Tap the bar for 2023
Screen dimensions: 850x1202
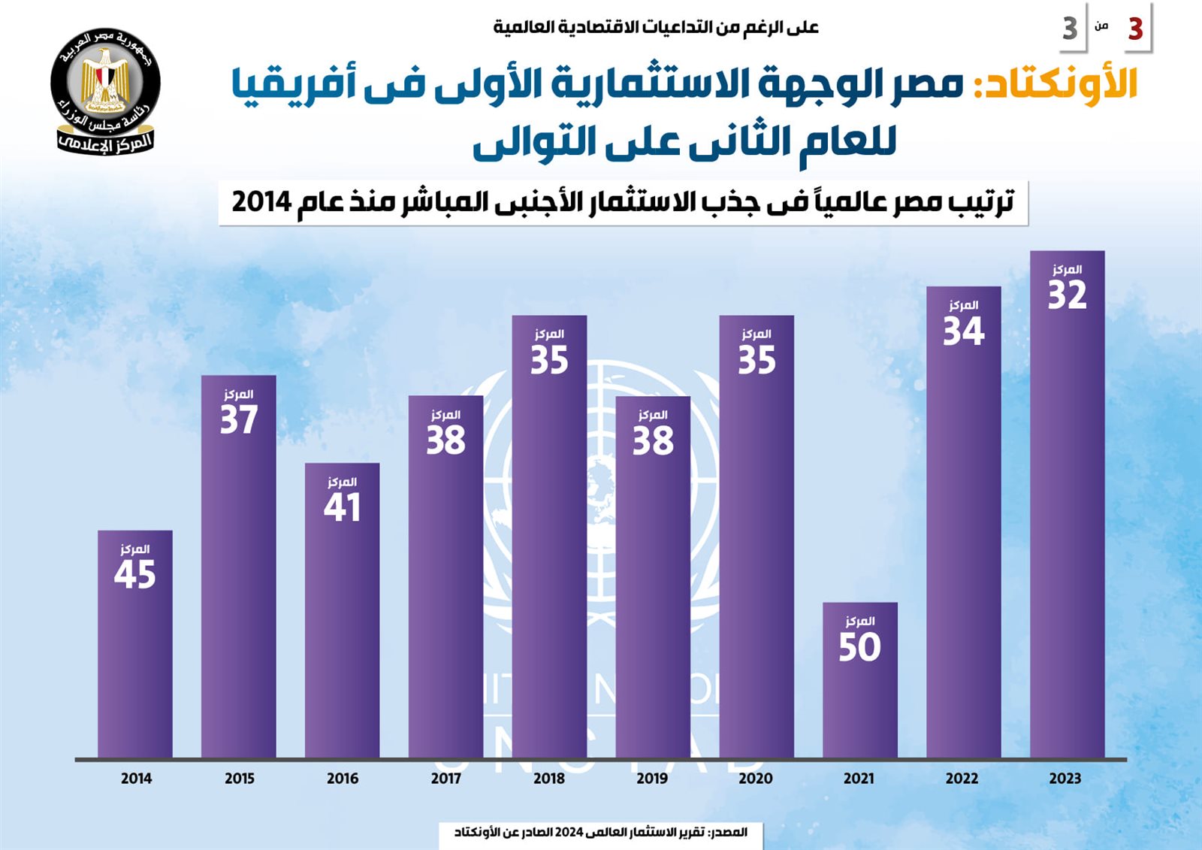(x=1067, y=526)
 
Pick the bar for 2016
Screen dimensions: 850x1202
(x=342, y=639)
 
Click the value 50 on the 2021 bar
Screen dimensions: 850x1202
(x=859, y=647)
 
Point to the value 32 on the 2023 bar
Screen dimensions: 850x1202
(x=1067, y=295)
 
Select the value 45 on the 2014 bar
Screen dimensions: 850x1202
(x=135, y=575)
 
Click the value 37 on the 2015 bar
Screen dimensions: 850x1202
(x=239, y=419)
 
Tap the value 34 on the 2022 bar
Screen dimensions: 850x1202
(x=963, y=331)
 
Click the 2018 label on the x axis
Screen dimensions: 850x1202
(x=549, y=779)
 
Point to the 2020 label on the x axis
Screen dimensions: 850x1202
(x=756, y=779)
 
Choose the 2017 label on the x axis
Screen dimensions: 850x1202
(x=445, y=779)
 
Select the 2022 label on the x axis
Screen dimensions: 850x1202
(x=962, y=779)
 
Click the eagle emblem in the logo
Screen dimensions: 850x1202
(x=106, y=79)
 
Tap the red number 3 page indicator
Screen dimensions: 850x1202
(x=1135, y=29)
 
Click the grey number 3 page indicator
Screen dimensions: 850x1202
(x=1070, y=29)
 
